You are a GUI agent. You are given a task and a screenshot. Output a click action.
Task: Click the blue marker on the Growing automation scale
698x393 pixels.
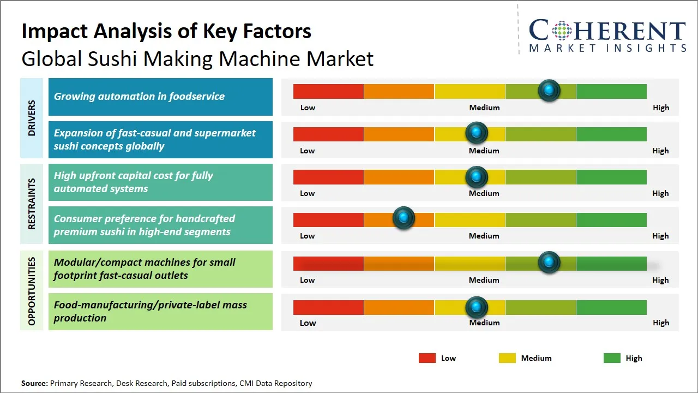pyautogui.click(x=549, y=91)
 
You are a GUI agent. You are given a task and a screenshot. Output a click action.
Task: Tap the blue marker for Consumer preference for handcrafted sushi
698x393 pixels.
pyautogui.click(x=404, y=218)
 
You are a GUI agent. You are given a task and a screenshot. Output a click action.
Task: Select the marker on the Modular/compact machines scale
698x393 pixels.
pyautogui.click(x=549, y=263)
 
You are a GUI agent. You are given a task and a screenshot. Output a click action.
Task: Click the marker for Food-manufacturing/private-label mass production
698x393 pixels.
pyautogui.click(x=476, y=307)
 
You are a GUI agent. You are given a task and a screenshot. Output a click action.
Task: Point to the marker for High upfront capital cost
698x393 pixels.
pyautogui.click(x=476, y=177)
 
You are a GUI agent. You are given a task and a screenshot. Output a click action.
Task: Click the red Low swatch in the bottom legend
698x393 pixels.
pyautogui.click(x=427, y=358)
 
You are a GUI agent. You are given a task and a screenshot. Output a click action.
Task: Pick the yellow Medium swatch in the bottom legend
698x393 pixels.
pyautogui.click(x=507, y=358)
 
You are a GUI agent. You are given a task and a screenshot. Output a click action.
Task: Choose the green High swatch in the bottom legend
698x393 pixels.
pyautogui.click(x=612, y=358)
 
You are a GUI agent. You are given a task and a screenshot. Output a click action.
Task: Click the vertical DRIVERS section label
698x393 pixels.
pyautogui.click(x=32, y=118)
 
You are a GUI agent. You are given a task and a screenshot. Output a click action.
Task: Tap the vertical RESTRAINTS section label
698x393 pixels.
pyautogui.click(x=32, y=204)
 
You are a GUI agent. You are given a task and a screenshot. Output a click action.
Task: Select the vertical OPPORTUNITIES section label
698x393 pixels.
pyautogui.click(x=32, y=291)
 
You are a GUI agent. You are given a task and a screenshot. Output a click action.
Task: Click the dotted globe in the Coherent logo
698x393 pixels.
pyautogui.click(x=561, y=31)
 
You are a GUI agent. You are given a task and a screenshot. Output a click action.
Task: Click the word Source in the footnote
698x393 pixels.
pyautogui.click(x=34, y=383)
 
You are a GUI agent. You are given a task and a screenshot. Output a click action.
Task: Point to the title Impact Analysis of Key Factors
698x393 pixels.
pyautogui.click(x=166, y=32)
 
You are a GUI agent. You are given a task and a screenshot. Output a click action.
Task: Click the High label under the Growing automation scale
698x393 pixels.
pyautogui.click(x=660, y=108)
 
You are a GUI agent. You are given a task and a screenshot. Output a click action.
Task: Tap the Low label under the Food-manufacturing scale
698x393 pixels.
pyautogui.click(x=308, y=323)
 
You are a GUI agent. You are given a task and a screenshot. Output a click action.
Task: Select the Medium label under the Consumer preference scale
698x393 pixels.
pyautogui.click(x=484, y=236)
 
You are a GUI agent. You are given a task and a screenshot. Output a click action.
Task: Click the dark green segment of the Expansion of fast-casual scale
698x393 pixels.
pyautogui.click(x=611, y=134)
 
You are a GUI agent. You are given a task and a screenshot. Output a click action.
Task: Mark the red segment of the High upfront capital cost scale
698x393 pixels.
pyautogui.click(x=328, y=177)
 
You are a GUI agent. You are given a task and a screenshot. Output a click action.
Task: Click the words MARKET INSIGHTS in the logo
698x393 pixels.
pyautogui.click(x=607, y=49)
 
